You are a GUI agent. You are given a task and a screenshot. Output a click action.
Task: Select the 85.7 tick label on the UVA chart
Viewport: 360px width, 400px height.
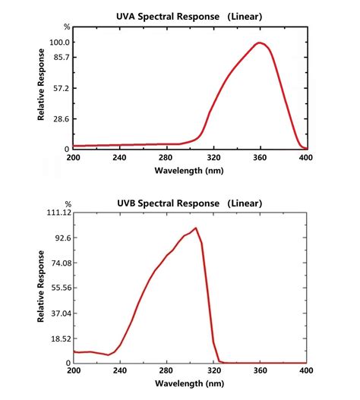point(60,57)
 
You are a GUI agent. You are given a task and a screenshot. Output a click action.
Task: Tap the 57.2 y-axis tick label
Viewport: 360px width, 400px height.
point(60,88)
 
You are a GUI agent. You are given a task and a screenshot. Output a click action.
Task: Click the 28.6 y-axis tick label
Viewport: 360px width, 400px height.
point(60,118)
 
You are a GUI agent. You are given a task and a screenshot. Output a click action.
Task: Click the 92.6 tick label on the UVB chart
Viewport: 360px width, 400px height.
point(60,238)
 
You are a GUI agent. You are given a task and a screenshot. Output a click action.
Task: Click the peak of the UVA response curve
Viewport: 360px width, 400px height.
point(260,43)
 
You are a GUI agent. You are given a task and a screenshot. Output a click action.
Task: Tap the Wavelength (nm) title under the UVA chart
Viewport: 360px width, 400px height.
point(189,171)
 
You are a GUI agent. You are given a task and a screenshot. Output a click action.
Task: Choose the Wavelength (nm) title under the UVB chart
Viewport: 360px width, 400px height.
point(189,385)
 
